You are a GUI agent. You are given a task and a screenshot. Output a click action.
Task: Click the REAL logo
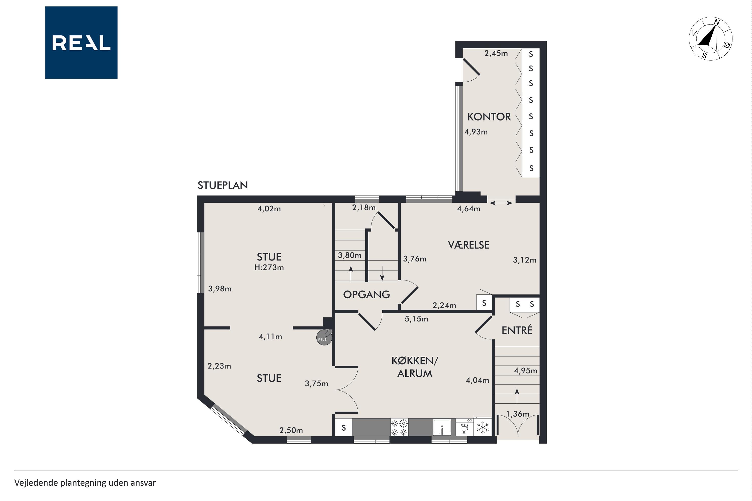[81, 43]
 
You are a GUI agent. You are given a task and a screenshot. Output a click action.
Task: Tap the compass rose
[710, 39]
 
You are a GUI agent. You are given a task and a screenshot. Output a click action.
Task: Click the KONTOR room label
[489, 117]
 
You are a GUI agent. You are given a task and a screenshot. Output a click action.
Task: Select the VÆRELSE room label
[468, 245]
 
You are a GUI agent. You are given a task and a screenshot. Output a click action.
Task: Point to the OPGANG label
[366, 295]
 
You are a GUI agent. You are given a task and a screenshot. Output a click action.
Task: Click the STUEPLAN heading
[223, 185]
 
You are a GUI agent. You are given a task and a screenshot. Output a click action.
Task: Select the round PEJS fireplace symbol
[324, 337]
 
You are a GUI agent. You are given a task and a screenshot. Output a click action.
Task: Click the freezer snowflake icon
[483, 427]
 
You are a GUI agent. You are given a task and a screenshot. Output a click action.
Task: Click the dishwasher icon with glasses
[464, 427]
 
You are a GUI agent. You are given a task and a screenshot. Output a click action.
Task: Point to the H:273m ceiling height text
[269, 268]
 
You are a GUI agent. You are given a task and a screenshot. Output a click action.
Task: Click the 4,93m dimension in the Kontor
[476, 132]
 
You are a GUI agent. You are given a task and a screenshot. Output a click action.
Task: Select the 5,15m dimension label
[416, 319]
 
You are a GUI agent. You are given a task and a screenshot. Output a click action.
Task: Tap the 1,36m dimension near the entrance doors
[517, 414]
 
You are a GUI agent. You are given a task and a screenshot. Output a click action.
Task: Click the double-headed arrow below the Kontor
[501, 203]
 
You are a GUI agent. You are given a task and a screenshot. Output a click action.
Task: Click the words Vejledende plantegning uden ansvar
[85, 483]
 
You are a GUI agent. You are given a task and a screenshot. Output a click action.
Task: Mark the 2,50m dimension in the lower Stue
[291, 430]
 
